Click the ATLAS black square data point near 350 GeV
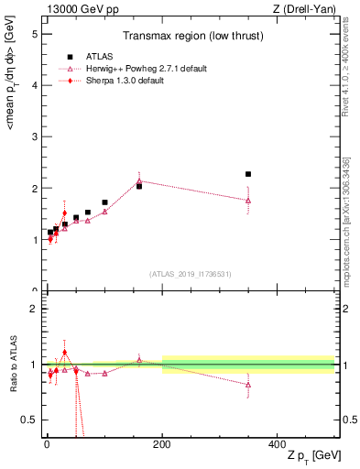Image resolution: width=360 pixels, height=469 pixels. [x=248, y=174]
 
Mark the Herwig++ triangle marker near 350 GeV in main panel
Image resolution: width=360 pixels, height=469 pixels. [x=248, y=201]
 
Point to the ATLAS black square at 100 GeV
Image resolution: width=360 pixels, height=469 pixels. [x=104, y=202]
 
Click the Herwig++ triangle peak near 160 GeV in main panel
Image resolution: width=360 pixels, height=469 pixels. [x=139, y=181]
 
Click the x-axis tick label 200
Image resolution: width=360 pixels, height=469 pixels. [x=162, y=444]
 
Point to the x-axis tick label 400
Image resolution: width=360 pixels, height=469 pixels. [x=277, y=444]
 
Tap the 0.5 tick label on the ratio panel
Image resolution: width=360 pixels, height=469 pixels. [x=28, y=420]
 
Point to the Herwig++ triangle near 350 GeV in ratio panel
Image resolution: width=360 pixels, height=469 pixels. [x=248, y=385]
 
